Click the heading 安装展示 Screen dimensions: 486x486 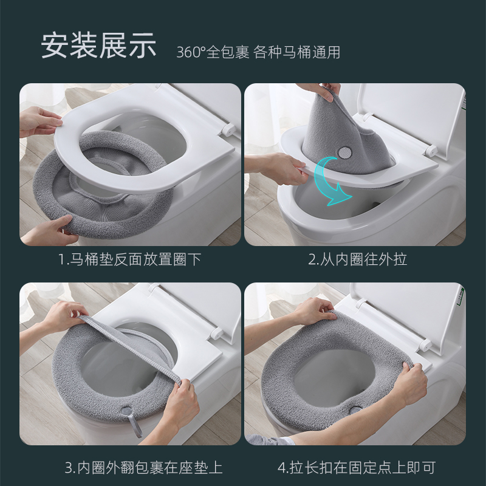[x=98, y=46]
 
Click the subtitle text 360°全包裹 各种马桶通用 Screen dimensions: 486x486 [x=258, y=52]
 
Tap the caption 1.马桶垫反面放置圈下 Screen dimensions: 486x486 [x=129, y=260]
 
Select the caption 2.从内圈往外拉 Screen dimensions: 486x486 [x=357, y=260]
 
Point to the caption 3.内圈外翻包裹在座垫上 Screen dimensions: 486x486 [x=143, y=468]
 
